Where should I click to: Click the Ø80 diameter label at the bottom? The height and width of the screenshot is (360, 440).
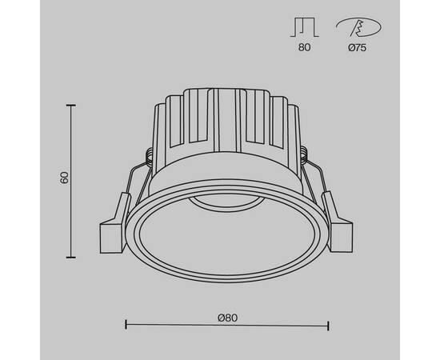[227, 317]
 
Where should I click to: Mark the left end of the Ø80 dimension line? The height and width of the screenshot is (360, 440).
[126, 324]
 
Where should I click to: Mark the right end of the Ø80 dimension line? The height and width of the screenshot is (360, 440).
[328, 324]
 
